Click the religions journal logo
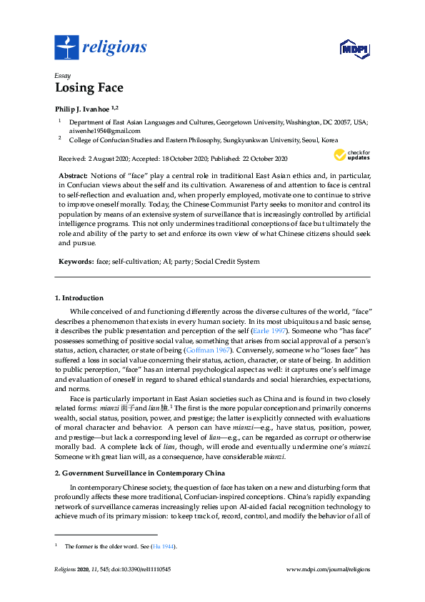tap(101, 47)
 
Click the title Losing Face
tap(89, 89)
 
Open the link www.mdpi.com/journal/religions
tap(328, 569)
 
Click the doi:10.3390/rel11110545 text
tap(141, 569)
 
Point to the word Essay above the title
tap(61, 74)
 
